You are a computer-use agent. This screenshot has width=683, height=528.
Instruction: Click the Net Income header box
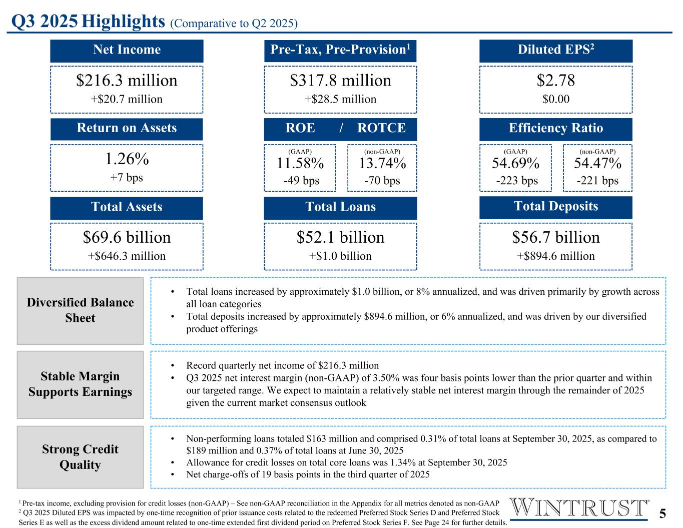127,50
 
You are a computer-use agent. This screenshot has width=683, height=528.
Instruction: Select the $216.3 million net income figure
127,81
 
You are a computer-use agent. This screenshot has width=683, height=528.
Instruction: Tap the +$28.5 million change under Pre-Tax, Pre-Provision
340,99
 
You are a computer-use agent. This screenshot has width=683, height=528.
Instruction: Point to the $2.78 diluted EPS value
555,81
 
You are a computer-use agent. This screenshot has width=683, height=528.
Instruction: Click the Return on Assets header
127,129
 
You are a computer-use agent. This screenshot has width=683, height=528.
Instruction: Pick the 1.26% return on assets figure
127,159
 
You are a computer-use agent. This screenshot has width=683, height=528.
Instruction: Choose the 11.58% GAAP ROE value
300,164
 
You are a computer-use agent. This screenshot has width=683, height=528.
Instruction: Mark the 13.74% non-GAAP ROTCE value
382,164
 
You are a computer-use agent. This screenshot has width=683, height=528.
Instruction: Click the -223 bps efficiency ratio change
516,181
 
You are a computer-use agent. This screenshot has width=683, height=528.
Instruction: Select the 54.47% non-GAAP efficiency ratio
597,164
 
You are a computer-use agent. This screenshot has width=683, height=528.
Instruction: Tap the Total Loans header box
340,207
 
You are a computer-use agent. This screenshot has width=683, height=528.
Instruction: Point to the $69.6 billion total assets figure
127,237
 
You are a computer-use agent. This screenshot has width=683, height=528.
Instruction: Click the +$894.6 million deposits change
555,256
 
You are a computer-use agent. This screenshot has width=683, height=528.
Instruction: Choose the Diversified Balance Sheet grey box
80,310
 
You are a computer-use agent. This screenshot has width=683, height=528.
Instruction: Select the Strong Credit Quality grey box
80,457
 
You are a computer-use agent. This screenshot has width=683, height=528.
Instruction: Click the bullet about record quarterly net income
282,365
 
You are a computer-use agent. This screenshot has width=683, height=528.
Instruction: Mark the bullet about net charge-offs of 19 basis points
307,474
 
